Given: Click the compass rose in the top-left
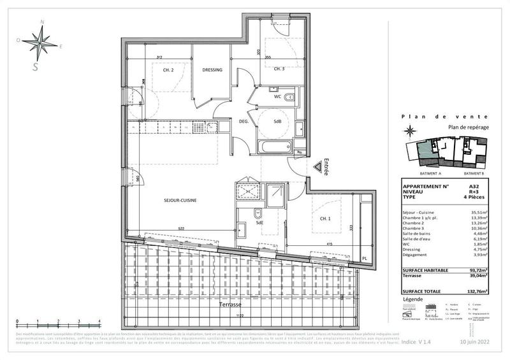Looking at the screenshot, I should pos(43,43).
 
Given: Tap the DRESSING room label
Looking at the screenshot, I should pos(212,70).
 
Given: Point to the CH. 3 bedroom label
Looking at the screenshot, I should pos(279,69).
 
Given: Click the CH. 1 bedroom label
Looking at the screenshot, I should pos(325,219).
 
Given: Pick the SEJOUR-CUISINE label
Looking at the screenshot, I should pos(179,200).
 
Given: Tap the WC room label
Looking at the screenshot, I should pos(278,97).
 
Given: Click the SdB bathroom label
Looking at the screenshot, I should pos(278,122).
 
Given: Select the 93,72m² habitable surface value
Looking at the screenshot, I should pos(477,270).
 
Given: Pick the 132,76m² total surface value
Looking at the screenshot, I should pos(477,291).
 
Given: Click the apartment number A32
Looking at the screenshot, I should pos(474,187).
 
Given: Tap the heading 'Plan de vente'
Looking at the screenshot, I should pos(445,117).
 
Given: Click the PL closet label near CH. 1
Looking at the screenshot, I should pos(365,258).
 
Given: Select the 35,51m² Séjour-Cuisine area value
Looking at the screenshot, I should pos(478,212).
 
